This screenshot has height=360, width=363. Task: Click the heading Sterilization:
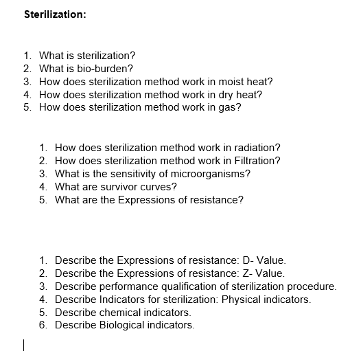click(55, 14)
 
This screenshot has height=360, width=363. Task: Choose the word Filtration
click(257, 161)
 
